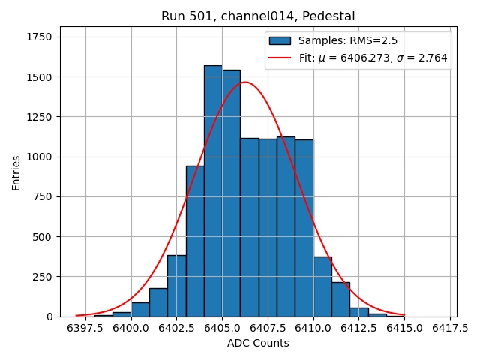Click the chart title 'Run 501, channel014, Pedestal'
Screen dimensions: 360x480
tap(258, 16)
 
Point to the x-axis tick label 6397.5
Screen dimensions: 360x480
tap(85, 328)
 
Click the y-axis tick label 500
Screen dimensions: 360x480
tap(43, 237)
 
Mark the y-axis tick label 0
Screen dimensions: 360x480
tap(49, 316)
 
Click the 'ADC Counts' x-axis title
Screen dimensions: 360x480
tap(258, 343)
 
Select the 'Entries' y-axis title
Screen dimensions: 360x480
tap(16, 172)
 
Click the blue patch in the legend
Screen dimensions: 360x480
tap(280, 40)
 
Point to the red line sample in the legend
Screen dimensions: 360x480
tap(280, 58)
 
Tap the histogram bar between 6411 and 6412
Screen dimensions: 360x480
tap(340, 300)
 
